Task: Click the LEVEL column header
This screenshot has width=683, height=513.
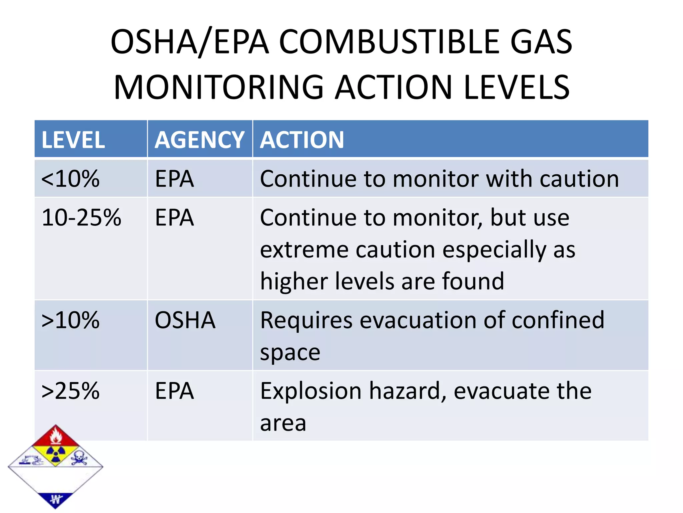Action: click(73, 140)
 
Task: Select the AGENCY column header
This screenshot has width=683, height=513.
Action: click(199, 140)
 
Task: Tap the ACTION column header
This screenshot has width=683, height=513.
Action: click(302, 140)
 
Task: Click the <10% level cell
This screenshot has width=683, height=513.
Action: click(70, 179)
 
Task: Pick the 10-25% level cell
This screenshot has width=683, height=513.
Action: click(81, 218)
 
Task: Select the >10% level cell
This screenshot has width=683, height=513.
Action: click(70, 320)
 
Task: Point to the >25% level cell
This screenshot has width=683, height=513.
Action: click(70, 391)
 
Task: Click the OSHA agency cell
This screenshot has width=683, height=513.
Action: click(185, 320)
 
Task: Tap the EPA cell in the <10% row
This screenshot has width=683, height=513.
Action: click(174, 179)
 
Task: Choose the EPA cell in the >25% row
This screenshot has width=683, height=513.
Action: click(174, 391)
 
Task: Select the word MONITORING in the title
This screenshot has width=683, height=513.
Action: click(219, 88)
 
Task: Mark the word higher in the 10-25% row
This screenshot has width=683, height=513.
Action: click(293, 281)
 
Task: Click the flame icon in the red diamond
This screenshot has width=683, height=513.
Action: click(56, 436)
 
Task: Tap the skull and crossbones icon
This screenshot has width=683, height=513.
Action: click(79, 457)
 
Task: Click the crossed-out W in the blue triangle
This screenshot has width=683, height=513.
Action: click(56, 499)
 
